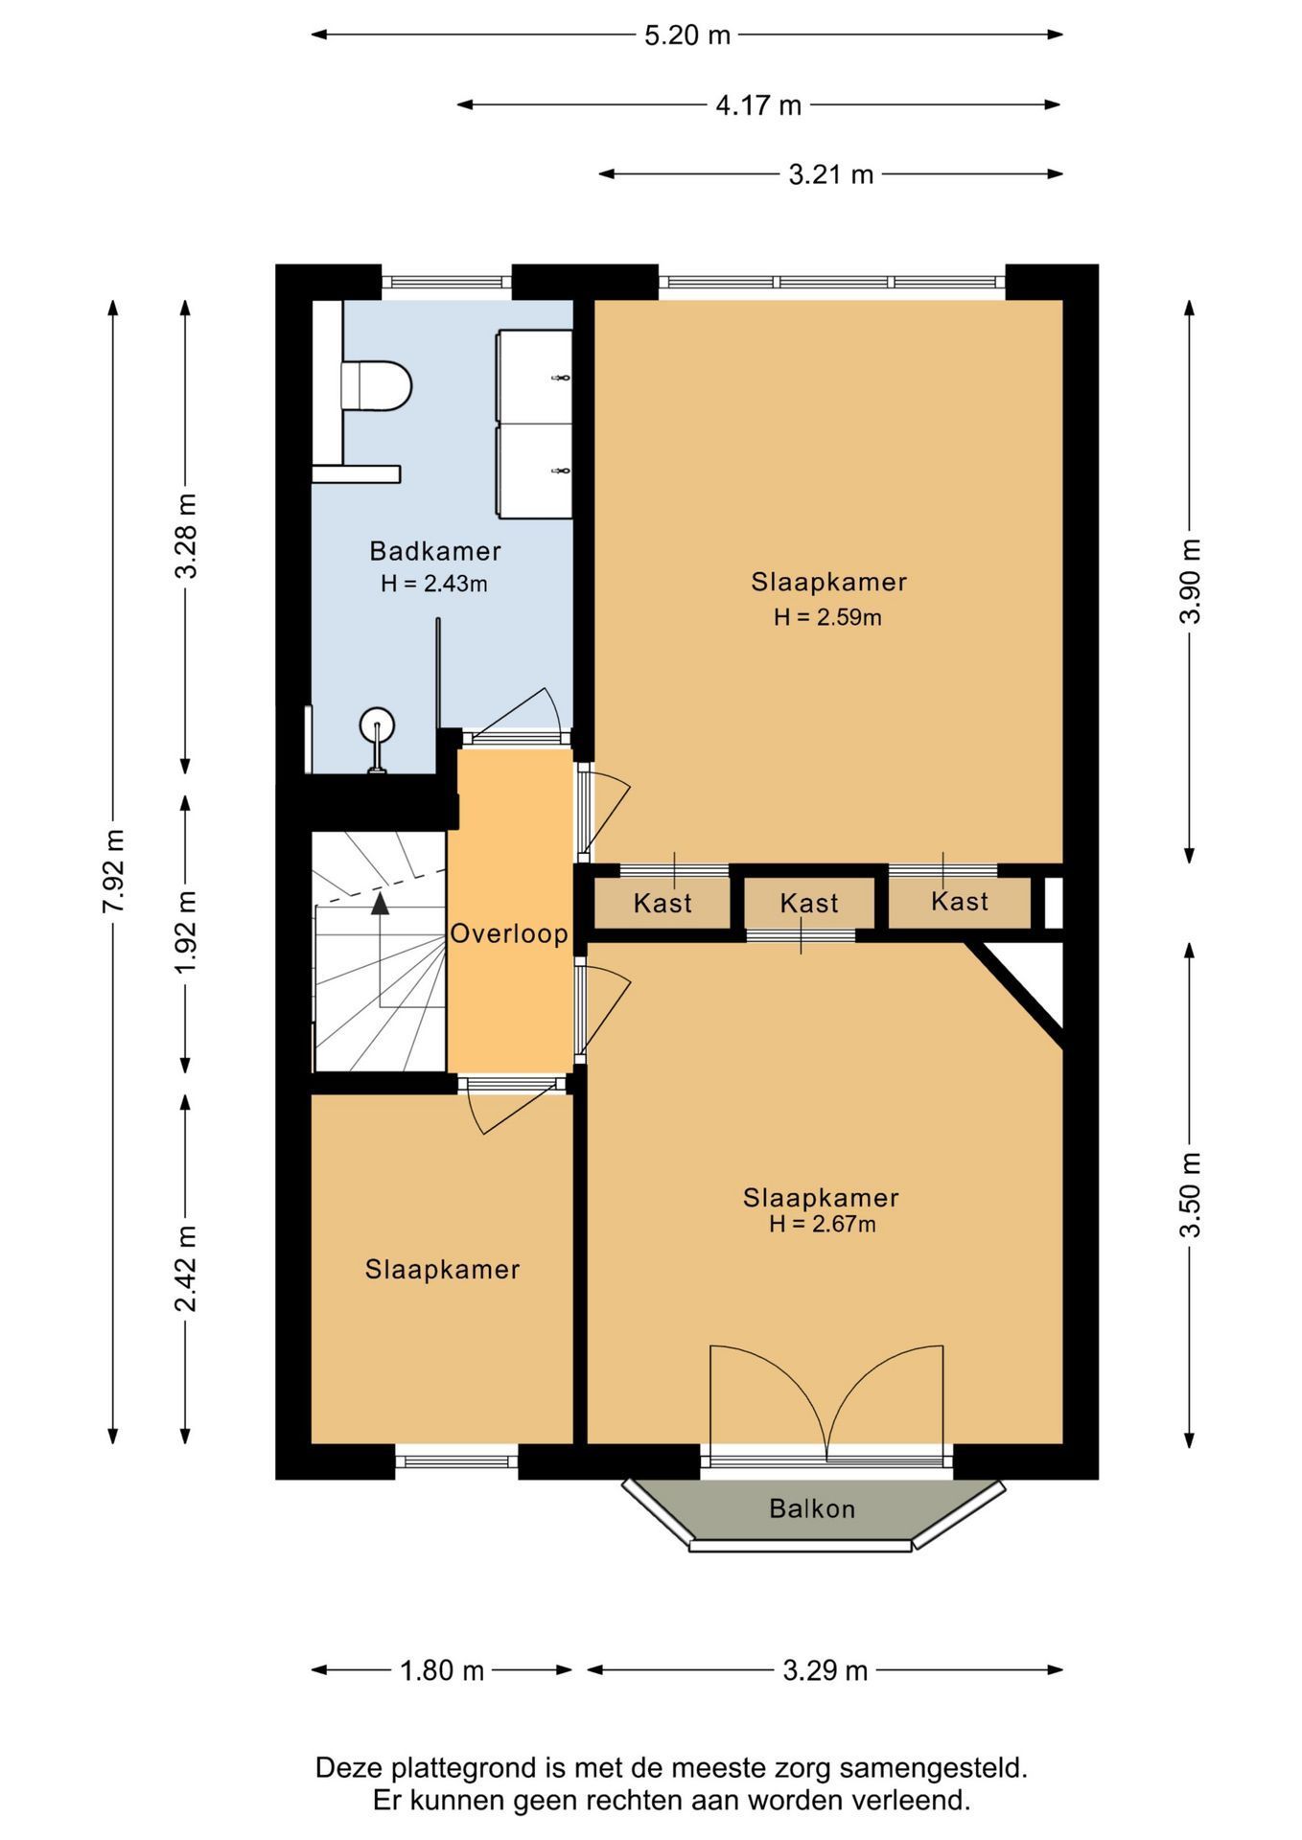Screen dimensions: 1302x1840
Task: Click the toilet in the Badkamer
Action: [377, 384]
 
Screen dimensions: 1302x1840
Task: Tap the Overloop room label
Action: [509, 933]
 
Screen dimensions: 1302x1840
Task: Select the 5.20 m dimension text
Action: [687, 35]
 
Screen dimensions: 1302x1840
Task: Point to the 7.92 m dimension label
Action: [114, 871]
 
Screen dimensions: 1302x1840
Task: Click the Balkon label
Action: [812, 1508]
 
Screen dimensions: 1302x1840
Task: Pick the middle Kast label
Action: [809, 903]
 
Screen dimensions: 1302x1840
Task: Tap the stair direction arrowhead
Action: [381, 902]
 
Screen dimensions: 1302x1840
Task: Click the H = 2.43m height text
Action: [434, 583]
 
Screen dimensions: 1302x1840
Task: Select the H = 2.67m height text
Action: [822, 1224]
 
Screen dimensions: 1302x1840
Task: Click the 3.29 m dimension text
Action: [825, 1670]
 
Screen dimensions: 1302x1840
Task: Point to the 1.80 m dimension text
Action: [442, 1670]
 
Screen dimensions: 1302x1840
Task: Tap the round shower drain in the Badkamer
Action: [377, 725]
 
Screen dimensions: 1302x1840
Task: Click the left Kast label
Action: [663, 903]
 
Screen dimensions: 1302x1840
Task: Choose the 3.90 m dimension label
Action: [1190, 581]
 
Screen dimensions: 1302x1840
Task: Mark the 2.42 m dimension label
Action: [186, 1268]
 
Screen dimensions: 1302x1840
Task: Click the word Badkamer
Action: [435, 551]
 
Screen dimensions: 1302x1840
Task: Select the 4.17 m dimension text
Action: [758, 104]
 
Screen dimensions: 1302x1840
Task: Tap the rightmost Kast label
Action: [960, 901]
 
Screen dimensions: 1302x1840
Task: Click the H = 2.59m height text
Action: [827, 617]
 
